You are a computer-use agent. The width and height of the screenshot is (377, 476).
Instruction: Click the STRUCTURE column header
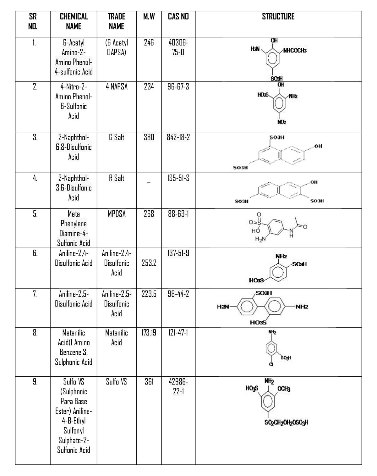pos(278,17)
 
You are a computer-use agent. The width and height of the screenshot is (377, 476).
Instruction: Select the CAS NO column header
pos(178,17)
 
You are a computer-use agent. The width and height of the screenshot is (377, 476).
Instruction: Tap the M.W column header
pos(149,17)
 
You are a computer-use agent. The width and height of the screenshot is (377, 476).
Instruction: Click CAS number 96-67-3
pos(178,87)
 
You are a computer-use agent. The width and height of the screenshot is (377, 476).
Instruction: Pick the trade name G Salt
pos(117,137)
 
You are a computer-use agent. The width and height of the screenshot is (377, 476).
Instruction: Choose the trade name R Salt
pos(117,178)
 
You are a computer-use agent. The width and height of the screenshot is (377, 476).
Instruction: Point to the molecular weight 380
pos(149,137)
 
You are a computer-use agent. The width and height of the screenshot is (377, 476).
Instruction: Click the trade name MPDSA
pos(117,214)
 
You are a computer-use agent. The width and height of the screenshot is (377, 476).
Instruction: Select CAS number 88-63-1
pos(178,214)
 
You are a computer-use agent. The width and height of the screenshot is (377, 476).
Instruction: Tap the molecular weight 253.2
pos(149,263)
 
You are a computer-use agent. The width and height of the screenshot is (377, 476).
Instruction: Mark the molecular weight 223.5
pos(149,294)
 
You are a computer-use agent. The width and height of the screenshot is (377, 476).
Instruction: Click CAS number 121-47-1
pos(178,333)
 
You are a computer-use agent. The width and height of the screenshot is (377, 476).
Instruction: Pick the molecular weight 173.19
pos(149,333)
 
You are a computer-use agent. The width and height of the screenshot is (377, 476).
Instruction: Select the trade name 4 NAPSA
pos(117,87)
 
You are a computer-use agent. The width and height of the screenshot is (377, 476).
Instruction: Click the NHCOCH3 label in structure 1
pos(295,51)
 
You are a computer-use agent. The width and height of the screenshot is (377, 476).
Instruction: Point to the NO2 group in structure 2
pos(281,122)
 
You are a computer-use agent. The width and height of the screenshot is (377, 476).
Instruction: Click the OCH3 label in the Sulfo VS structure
pos(284,389)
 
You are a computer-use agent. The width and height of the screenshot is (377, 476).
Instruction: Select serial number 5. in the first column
pos(35,214)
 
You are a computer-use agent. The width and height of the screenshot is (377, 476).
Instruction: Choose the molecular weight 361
pos(149,382)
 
